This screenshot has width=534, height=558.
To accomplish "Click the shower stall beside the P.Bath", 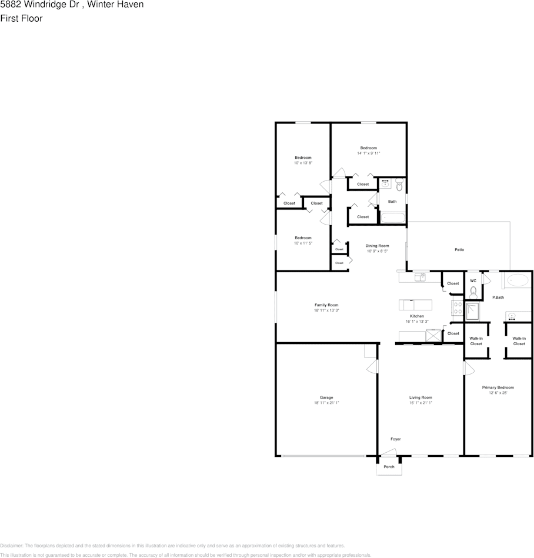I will click(x=473, y=311).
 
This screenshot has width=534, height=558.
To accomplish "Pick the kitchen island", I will click(x=415, y=305).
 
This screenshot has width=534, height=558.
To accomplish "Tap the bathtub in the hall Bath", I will click(x=393, y=218).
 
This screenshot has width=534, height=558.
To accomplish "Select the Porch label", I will click(x=389, y=467).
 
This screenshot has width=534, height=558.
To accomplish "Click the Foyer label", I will click(x=396, y=439).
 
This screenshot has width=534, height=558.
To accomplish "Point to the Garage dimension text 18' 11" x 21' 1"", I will click(x=326, y=403).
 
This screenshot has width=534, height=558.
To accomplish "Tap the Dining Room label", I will click(x=377, y=246).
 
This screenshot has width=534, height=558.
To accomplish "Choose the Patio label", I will click(x=459, y=250).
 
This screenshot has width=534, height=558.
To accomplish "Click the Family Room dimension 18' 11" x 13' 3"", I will click(x=326, y=310).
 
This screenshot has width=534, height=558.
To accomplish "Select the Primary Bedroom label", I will click(x=498, y=387).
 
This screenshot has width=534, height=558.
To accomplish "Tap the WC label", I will click(x=473, y=281).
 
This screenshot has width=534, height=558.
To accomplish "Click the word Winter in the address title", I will click(x=101, y=5).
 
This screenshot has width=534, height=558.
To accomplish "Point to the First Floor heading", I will click(x=21, y=18).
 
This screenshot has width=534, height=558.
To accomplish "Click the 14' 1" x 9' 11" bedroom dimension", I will click(x=369, y=153).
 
